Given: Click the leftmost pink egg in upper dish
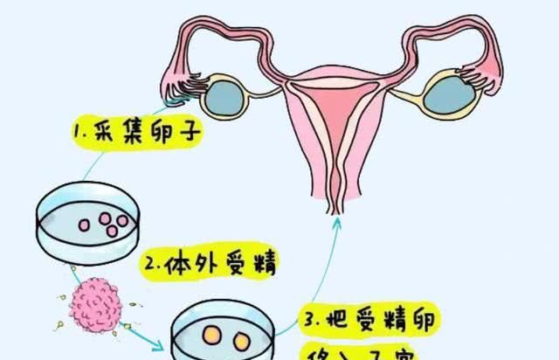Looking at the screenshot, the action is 86,224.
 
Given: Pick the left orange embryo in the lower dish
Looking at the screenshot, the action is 211,336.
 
